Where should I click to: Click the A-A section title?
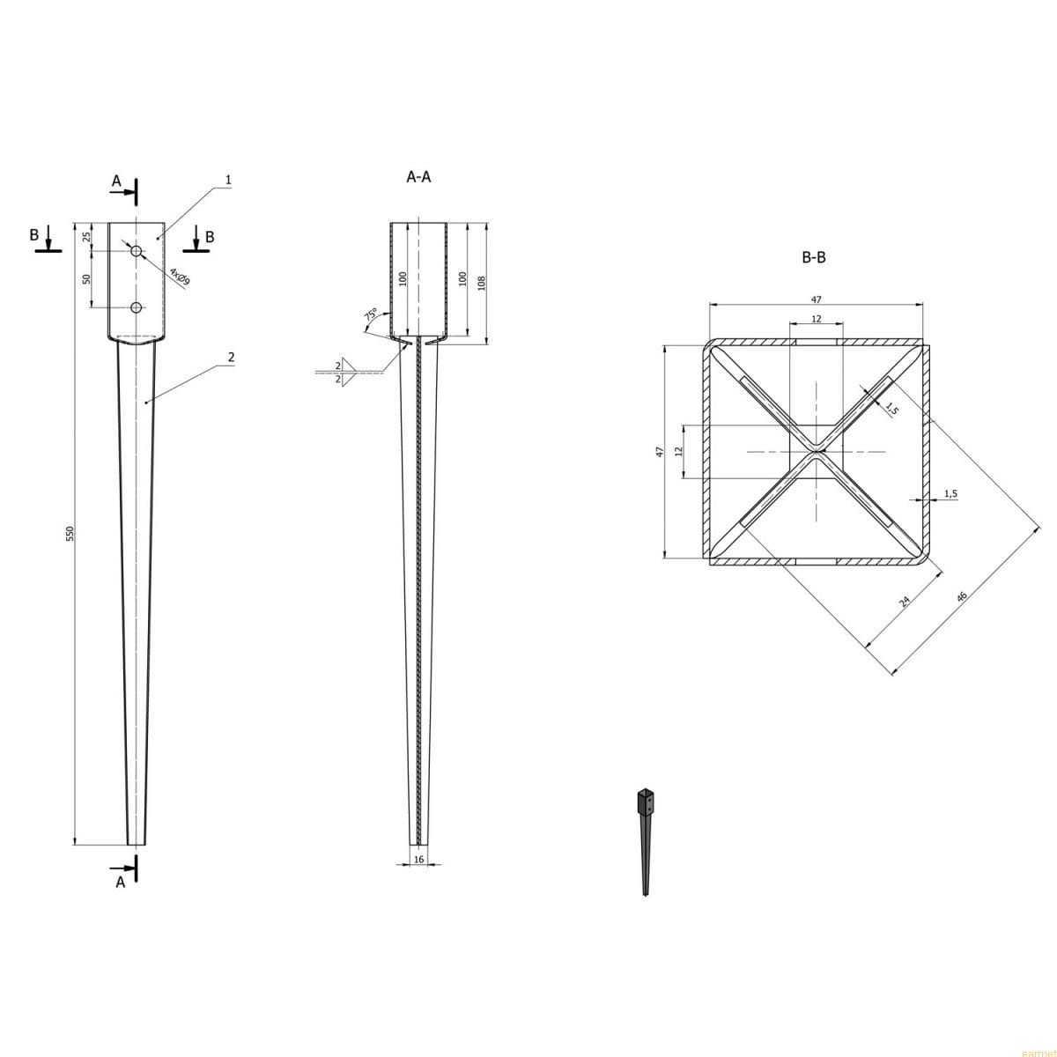pyautogui.click(x=418, y=177)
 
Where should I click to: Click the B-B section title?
pyautogui.click(x=814, y=257)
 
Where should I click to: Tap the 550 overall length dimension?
pyautogui.click(x=70, y=533)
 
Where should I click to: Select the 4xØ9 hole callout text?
pyautogui.click(x=180, y=277)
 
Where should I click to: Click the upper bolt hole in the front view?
pyautogui.click(x=136, y=251)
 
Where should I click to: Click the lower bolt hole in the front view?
pyautogui.click(x=136, y=307)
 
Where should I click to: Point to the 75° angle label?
pyautogui.click(x=371, y=314)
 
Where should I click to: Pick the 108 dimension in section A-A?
pyautogui.click(x=482, y=283)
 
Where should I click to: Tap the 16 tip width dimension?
pyautogui.click(x=418, y=860)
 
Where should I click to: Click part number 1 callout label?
pyautogui.click(x=229, y=180)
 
